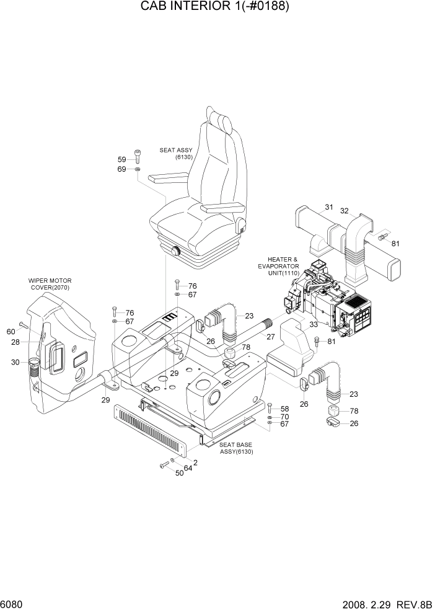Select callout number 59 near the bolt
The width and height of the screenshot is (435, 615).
[121, 159]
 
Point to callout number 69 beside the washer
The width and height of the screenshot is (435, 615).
[121, 169]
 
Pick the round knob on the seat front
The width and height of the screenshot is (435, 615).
[175, 252]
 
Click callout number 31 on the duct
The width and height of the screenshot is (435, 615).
[328, 207]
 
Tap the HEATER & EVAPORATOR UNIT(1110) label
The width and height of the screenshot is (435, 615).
[283, 266]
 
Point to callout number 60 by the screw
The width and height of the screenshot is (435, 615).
[11, 332]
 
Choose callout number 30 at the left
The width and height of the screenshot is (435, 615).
[15, 362]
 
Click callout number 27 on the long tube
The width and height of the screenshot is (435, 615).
[271, 337]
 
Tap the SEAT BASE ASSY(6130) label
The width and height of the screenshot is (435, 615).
[237, 448]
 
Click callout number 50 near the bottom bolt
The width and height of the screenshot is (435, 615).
[179, 474]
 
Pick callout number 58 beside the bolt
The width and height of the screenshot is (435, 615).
[284, 409]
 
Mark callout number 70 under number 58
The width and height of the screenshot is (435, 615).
[284, 417]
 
